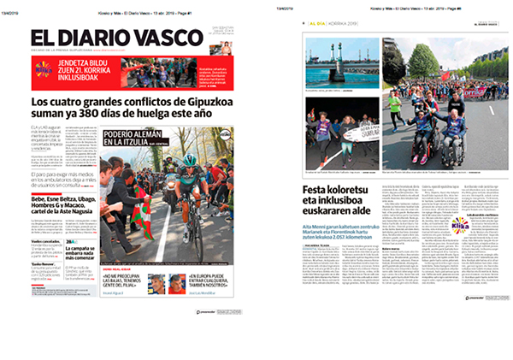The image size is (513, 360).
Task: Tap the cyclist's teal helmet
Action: point(189,160)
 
